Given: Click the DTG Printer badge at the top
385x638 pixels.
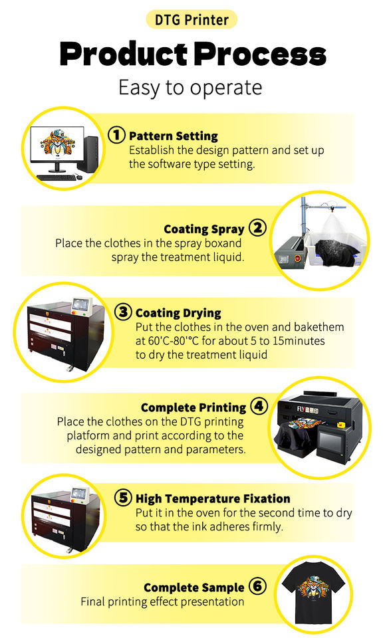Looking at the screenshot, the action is pos(192,19).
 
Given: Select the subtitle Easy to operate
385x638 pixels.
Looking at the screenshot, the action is pos(190,88).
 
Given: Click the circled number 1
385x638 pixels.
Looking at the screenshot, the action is pos(116,135).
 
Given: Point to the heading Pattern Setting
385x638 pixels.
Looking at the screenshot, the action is pos(174,136).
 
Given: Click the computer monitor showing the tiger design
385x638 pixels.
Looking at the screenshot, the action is pos(57,146).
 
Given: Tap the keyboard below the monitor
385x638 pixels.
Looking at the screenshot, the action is pos(56,177).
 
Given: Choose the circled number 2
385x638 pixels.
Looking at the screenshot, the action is pos(257,227).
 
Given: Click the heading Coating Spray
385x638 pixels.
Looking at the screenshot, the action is pos(204,229).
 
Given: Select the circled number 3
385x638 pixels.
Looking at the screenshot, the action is pos(123,312).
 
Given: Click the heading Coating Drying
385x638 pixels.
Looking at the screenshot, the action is pos(178,313).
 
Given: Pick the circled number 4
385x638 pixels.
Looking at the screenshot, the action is pos(259,406).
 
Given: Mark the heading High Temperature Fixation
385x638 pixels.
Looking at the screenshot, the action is pos(213,498).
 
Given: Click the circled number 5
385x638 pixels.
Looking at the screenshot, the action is pos(123,497).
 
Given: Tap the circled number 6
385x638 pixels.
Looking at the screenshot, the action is pos(257,586).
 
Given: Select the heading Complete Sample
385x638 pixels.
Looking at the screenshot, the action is pos(193,588).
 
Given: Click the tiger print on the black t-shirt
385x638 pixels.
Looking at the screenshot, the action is pos(313,587).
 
